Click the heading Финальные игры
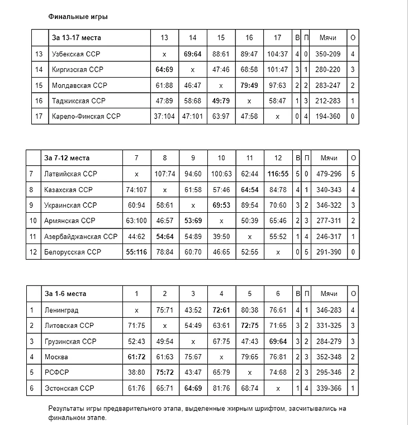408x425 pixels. pos(78,17)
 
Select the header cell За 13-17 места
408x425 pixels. pos(77,38)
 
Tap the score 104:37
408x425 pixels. pos(278,54)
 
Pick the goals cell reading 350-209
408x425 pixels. pos(328,54)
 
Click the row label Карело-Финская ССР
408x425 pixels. pos(86,117)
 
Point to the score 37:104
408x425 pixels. pos(164,117)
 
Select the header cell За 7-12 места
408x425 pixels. pos(67,157)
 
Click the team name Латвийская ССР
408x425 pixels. pos(70,174)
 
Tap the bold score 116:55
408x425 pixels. pos(278,174)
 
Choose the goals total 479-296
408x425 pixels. pos(328,174)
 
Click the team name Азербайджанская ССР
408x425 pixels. pos(81,237)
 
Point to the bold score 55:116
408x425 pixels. pos(136,252)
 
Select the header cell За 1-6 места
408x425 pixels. pos(65,294)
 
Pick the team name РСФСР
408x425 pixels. pos(56,373)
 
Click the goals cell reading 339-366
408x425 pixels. pos(328,388)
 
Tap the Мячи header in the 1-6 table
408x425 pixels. pos(328,294)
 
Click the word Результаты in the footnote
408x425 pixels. pos(67,408)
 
